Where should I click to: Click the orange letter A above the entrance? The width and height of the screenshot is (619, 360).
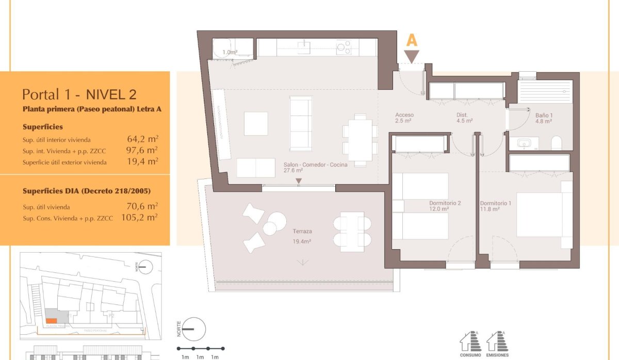[412, 40]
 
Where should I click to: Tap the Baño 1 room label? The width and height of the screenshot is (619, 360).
[543, 118]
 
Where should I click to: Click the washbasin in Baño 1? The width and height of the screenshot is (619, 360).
[525, 143]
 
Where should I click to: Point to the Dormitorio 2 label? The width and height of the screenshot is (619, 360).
[445, 206]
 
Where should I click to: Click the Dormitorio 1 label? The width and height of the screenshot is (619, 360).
[495, 206]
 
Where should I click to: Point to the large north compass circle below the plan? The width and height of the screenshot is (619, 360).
[194, 329]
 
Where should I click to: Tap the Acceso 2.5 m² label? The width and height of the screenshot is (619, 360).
[404, 118]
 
